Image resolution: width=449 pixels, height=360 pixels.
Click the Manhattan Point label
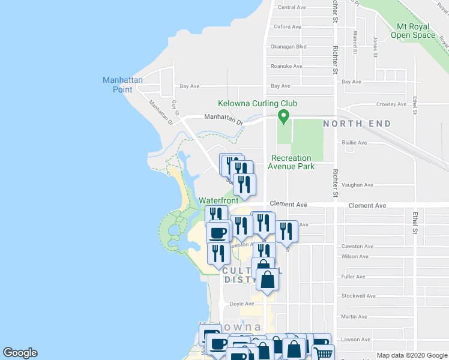tap(122, 85)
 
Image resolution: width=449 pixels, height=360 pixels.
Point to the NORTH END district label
tap(357, 124)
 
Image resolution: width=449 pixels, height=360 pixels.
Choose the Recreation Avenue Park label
tap(291, 162)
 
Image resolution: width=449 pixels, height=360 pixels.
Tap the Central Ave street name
tap(292, 7)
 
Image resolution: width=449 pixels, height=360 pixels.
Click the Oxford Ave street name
tap(287, 27)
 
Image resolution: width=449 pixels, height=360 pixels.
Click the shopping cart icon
tap(322, 352)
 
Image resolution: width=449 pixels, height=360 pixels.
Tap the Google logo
tap(20, 353)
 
